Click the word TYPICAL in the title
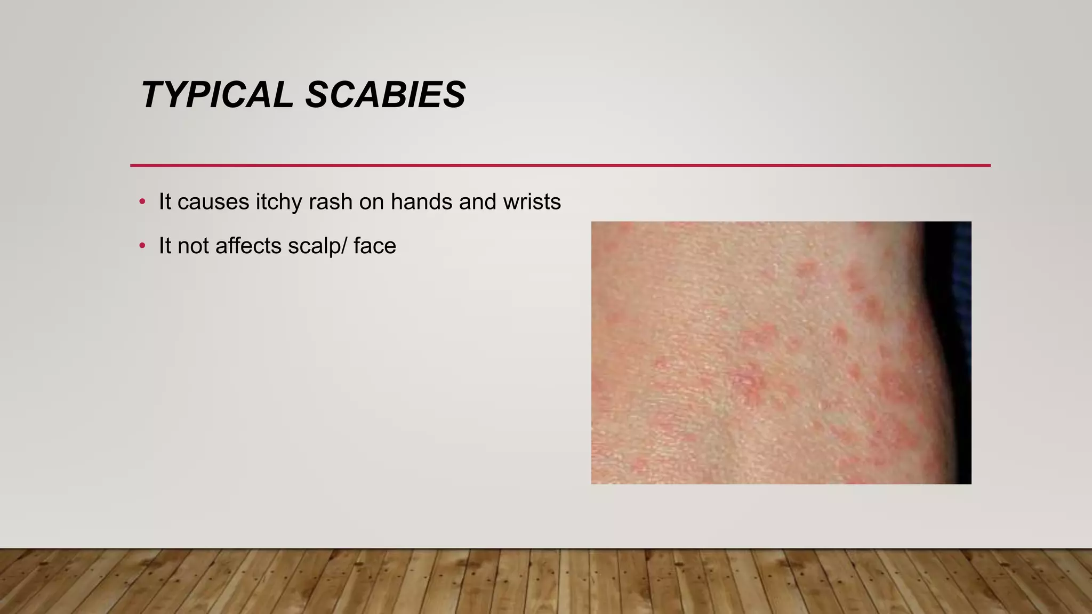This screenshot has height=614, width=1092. pos(216,95)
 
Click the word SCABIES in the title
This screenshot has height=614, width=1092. pos(385,95)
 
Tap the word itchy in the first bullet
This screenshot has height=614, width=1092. pos(278,202)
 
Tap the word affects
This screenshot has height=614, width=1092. pos(248,246)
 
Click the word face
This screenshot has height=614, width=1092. pos(375,246)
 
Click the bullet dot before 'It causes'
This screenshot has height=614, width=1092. pos(142,202)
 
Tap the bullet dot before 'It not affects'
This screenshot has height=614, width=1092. pos(142,246)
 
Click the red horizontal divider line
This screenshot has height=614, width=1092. pos(560,165)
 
